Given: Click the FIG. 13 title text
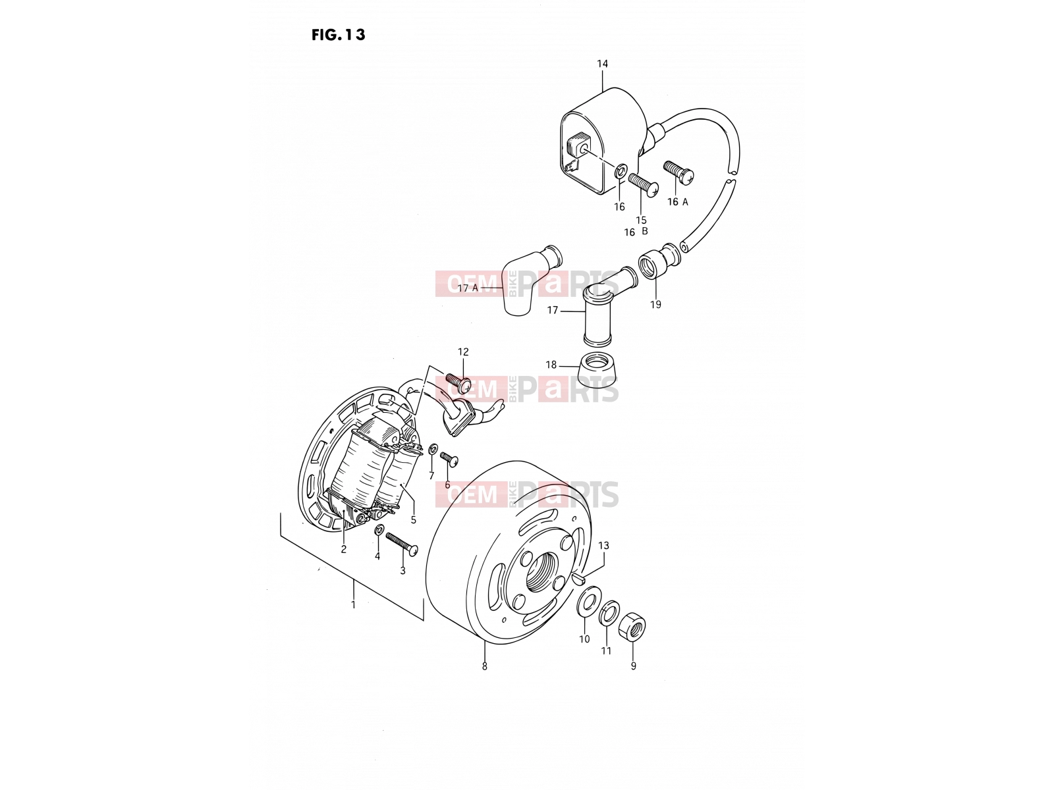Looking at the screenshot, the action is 338,34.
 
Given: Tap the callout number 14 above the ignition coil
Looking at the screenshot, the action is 602,64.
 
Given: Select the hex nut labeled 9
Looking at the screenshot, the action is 632,627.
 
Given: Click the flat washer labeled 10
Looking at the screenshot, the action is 587,600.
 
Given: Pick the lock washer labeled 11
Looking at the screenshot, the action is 609,612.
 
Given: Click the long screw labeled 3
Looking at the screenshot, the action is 401,545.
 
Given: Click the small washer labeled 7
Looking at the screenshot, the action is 432,449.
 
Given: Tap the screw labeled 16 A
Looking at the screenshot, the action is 679,173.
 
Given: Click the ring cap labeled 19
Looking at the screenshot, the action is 650,264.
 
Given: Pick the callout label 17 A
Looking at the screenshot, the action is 468,288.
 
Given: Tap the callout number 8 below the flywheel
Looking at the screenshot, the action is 484,666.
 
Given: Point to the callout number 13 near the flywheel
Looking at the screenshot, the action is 603,545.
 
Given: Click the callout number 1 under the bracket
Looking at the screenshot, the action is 353,605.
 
